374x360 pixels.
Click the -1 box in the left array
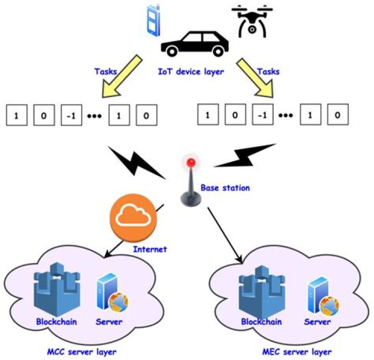tap(72, 115)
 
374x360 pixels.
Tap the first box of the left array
tap(16, 115)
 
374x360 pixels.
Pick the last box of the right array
tap(338, 115)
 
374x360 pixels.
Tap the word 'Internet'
tap(150, 249)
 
